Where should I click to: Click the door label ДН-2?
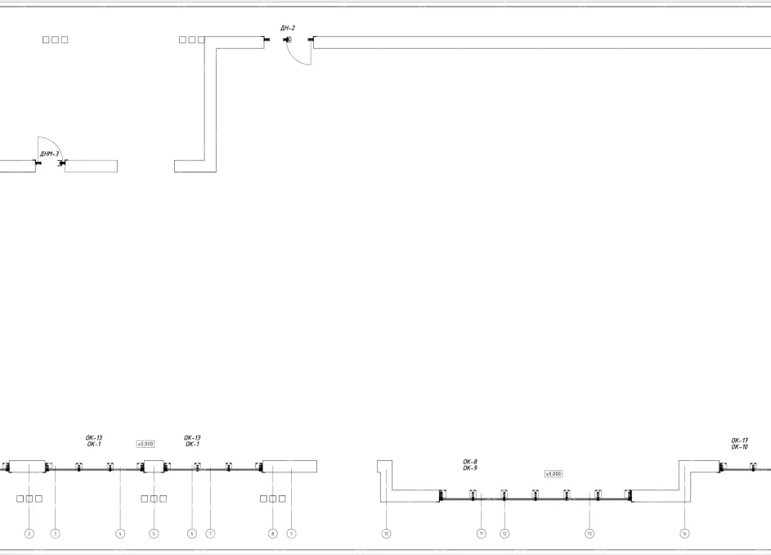(x=287, y=29)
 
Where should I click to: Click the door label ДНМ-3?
(x=49, y=154)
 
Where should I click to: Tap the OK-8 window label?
(x=470, y=462)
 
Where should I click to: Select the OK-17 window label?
(x=739, y=441)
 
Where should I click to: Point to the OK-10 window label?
(x=739, y=447)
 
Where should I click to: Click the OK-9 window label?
(x=470, y=468)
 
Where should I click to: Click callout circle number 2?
(x=29, y=534)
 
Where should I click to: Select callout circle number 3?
(x=56, y=534)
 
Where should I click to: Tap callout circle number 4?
(x=120, y=534)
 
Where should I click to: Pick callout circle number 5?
(x=153, y=534)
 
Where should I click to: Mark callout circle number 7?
(x=210, y=534)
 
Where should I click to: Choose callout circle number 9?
(x=291, y=534)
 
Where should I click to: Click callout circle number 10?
(x=386, y=534)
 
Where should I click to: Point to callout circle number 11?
(x=482, y=534)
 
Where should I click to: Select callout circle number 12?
(x=504, y=534)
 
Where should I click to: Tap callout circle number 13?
(x=589, y=534)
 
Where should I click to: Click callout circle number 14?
(x=685, y=534)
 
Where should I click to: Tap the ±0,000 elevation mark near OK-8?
(x=553, y=474)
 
